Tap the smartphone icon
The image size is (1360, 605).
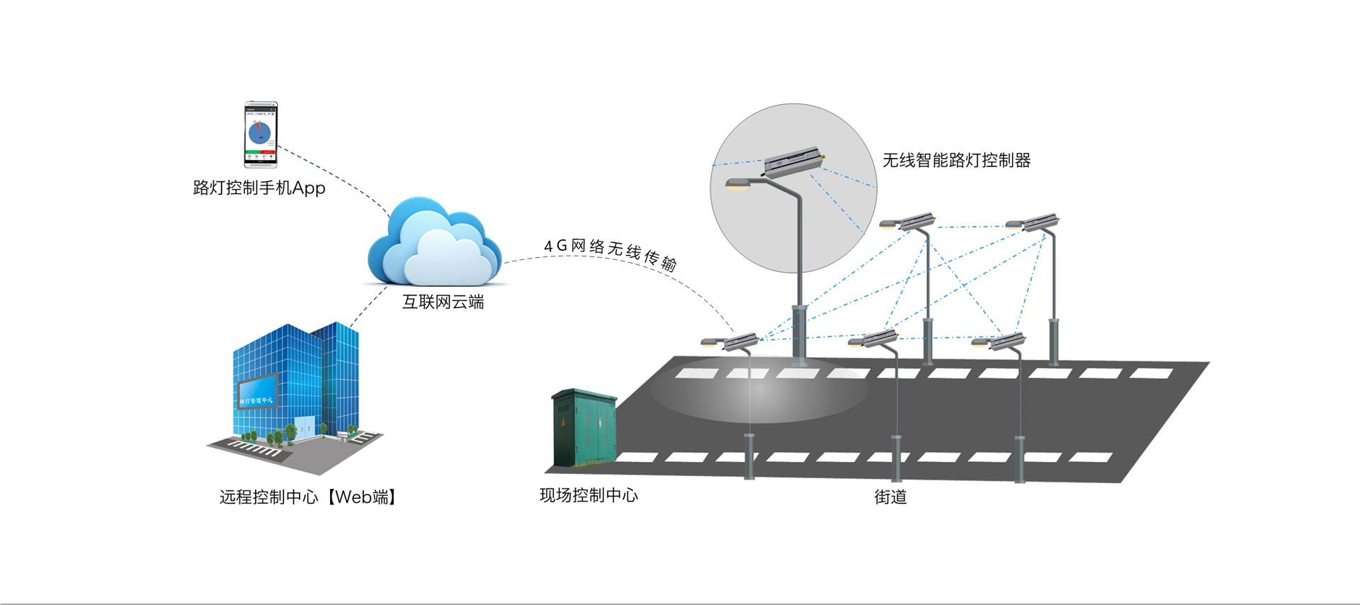(261, 135)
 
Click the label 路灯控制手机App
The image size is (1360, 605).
(259, 188)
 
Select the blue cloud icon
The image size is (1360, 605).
(433, 242)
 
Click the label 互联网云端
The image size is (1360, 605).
(443, 302)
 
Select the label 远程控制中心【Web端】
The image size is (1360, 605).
(308, 497)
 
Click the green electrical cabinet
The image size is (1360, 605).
(583, 428)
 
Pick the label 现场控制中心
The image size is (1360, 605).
(589, 495)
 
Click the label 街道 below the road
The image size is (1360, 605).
(890, 497)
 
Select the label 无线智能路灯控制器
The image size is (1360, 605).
(956, 161)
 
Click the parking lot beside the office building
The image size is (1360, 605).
(255, 448)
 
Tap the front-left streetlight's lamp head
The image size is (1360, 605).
(713, 343)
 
